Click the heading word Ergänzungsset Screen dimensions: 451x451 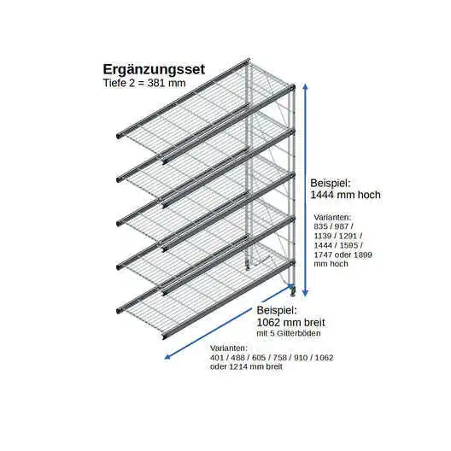point(154,70)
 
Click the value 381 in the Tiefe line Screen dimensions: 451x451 point(156,83)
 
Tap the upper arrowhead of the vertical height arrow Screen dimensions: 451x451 point(306,87)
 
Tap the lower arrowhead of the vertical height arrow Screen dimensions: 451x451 point(306,293)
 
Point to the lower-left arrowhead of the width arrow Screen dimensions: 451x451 point(168,357)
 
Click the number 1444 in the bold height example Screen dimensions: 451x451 point(322,195)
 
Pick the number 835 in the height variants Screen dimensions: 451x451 point(321,226)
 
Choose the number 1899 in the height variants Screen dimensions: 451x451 point(362,255)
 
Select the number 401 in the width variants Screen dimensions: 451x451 point(217,358)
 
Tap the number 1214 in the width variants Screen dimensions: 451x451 point(238,366)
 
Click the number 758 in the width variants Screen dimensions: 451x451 point(279,358)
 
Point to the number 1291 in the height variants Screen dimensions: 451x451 point(348,236)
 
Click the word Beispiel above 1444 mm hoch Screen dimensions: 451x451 point(331,183)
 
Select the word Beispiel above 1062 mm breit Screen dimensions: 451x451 point(277,311)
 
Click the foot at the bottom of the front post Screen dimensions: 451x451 point(293,293)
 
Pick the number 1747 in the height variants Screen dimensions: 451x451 point(323,255)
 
